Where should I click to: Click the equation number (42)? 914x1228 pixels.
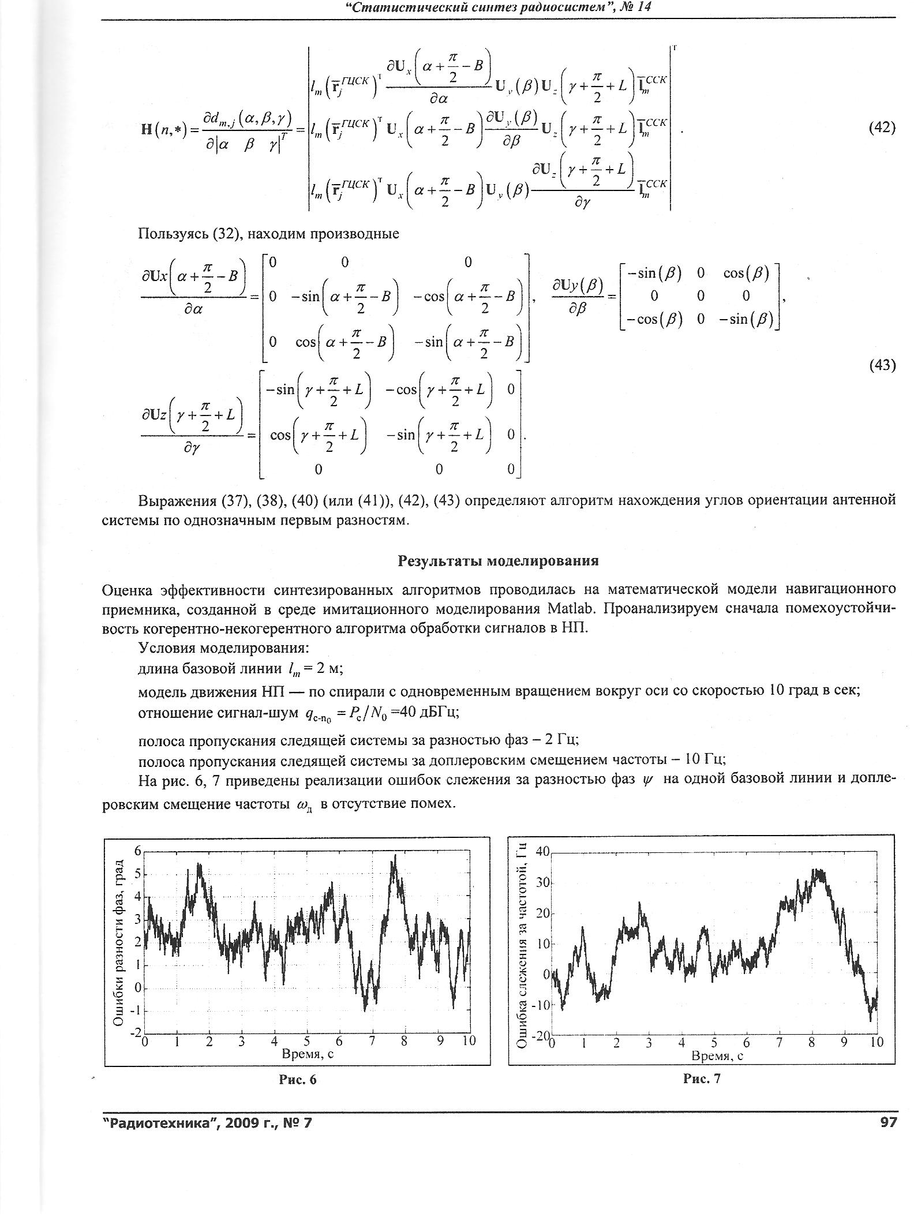click(x=882, y=128)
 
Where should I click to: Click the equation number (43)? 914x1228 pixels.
click(x=882, y=365)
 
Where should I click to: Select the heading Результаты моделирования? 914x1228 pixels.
click(x=498, y=560)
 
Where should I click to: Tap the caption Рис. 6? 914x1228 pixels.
click(x=298, y=1079)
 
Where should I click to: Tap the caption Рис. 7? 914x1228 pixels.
click(x=702, y=1079)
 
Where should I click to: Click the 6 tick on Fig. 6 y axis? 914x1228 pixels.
click(x=138, y=851)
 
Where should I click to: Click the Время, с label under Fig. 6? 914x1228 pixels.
click(x=308, y=1054)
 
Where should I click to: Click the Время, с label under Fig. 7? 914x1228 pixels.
click(x=717, y=1055)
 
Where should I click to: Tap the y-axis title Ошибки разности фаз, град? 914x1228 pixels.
click(x=119, y=944)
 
